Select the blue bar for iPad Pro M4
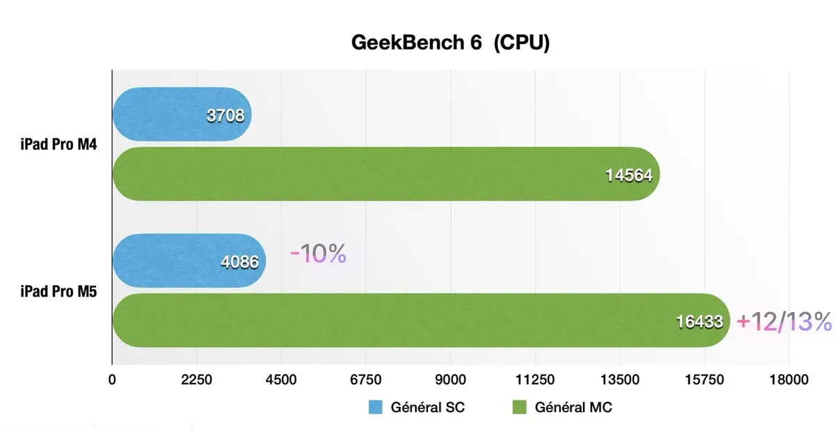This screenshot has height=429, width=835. point(167,114)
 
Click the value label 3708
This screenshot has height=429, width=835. point(225,116)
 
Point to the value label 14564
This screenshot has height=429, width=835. point(628,175)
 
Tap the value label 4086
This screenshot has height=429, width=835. point(239,263)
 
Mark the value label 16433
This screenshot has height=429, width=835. point(699,322)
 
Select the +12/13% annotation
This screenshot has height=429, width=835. point(784,321)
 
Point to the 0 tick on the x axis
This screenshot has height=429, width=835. point(112,380)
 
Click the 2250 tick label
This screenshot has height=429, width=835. point(197,380)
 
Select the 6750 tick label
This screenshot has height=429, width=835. point(366,380)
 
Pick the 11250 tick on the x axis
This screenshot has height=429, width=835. point(535,380)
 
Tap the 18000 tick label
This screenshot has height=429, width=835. point(789,380)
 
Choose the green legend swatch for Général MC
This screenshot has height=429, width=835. point(519,407)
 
